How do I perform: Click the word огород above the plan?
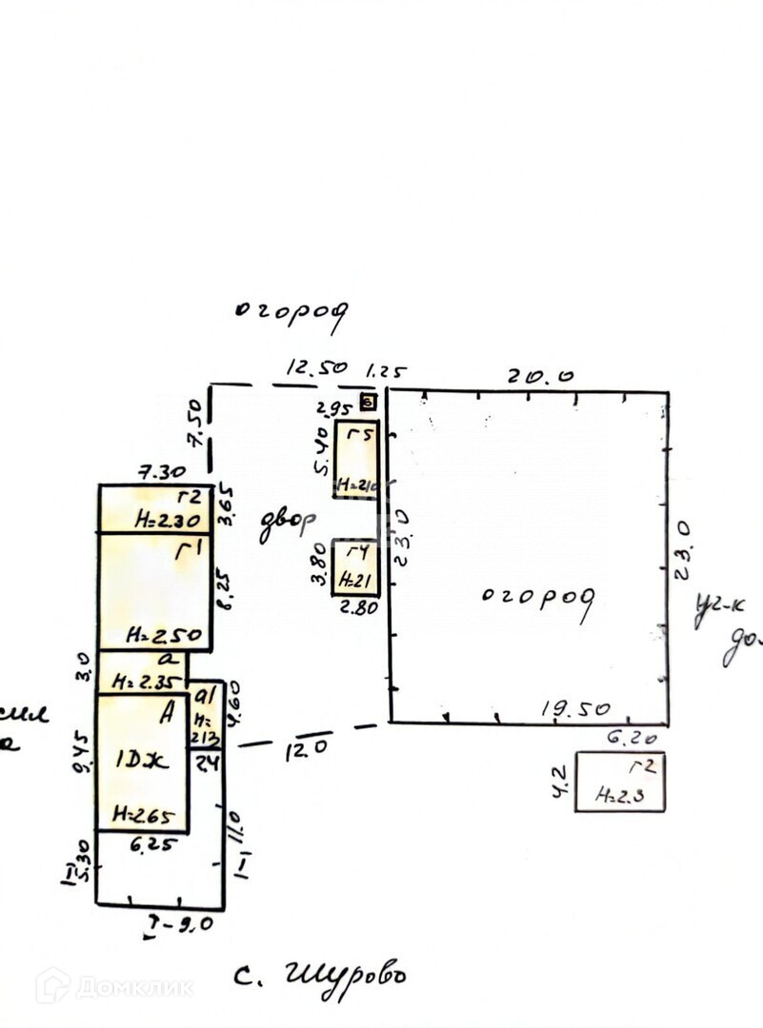click(x=291, y=316)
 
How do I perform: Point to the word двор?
click(x=287, y=524)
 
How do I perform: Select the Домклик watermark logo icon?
click(x=52, y=985)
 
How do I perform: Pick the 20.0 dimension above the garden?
click(x=540, y=375)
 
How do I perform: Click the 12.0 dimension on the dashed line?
click(x=306, y=748)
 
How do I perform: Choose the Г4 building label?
click(x=357, y=554)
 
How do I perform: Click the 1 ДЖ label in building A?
click(x=141, y=761)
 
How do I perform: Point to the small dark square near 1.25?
click(x=368, y=403)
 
